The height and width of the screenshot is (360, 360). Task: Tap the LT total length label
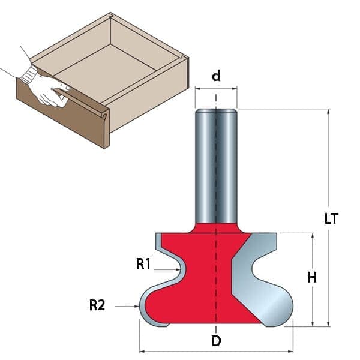click(x=331, y=218)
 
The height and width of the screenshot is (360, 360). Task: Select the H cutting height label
click(x=312, y=277)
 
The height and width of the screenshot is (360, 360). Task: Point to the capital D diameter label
click(x=216, y=341)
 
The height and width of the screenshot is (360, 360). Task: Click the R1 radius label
click(x=143, y=263)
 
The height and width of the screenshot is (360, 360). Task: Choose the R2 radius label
click(x=97, y=305)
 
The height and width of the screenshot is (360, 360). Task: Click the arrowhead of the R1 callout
click(x=178, y=269)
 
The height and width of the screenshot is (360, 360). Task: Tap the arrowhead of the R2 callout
click(x=137, y=306)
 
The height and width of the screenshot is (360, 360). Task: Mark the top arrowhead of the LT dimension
click(x=329, y=112)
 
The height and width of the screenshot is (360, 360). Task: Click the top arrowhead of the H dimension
click(x=312, y=236)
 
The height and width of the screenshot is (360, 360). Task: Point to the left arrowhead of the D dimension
click(x=143, y=351)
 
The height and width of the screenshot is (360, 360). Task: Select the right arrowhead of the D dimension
click(x=290, y=351)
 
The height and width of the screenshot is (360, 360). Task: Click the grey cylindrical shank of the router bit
click(x=216, y=166)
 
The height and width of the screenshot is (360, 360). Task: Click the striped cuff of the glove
click(x=29, y=74)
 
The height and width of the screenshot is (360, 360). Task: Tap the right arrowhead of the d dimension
click(x=234, y=89)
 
